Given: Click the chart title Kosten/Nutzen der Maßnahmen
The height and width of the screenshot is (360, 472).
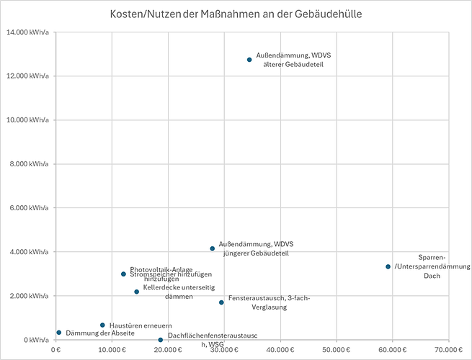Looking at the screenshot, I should tap(236, 14).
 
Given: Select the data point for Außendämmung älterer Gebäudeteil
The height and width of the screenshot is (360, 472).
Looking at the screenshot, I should tap(249, 60).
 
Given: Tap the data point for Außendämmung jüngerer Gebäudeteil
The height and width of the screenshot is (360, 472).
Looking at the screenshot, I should tap(213, 248).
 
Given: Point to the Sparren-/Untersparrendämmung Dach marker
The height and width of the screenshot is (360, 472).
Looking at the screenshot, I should tap(388, 266).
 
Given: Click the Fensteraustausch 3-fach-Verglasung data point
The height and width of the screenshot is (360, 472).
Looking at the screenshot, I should tap(221, 302).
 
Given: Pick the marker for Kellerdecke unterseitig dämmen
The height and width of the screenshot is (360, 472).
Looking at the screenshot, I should tap(136, 292).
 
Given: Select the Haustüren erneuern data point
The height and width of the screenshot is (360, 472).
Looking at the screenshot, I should tap(102, 325).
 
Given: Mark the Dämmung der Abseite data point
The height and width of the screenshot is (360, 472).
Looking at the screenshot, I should tap(58, 333).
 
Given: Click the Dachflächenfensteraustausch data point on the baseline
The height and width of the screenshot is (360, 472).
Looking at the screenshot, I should tap(161, 340).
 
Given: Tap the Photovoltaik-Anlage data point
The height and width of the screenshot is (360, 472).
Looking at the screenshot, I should tap(123, 274).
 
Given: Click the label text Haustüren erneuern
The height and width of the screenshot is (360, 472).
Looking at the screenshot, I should tap(141, 325).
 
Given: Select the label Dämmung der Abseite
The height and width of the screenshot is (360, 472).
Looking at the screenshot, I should tap(100, 333).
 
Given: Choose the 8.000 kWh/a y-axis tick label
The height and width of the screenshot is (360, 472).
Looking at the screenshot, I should tap(27, 164).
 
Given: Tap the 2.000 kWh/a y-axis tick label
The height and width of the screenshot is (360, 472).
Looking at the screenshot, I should tap(27, 296).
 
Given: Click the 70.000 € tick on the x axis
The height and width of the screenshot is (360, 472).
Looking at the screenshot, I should tap(449, 350).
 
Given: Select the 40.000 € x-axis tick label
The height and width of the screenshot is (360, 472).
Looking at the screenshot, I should tap(280, 350).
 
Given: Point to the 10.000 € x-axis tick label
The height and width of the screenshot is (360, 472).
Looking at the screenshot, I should tap(112, 350).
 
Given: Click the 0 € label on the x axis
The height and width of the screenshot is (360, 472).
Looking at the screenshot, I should tap(56, 350).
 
